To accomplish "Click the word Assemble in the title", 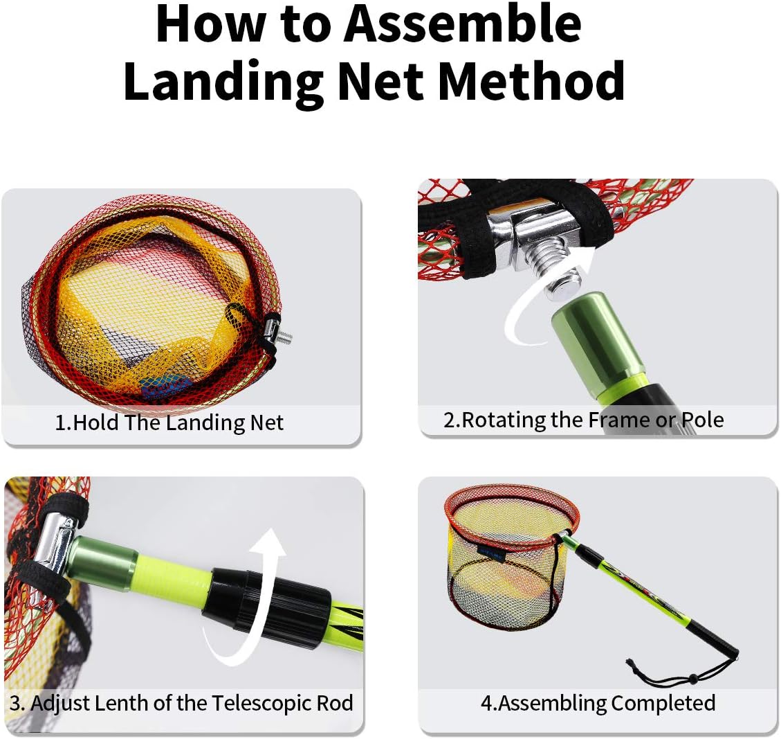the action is pyautogui.click(x=463, y=24).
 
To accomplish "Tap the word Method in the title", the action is pyautogui.click(x=531, y=80).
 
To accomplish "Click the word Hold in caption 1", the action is pyautogui.click(x=96, y=422).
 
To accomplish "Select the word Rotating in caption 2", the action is pyautogui.click(x=504, y=420).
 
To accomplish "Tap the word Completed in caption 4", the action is pyautogui.click(x=663, y=704).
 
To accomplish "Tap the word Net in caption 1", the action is pyautogui.click(x=266, y=422).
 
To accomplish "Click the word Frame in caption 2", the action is pyautogui.click(x=619, y=420).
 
